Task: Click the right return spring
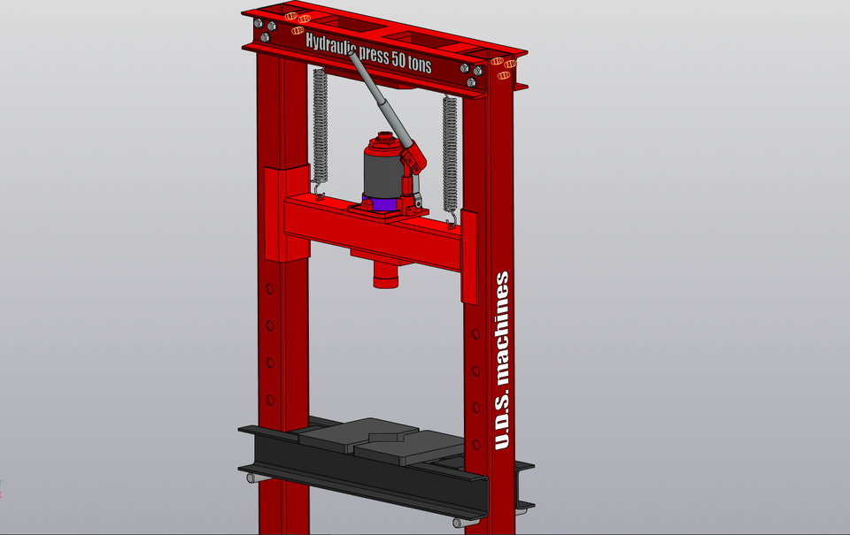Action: pyautogui.click(x=450, y=150)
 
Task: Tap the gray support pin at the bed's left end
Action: pyautogui.click(x=251, y=478)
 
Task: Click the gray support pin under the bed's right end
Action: pyautogui.click(x=460, y=523)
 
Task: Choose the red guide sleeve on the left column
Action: pyautogui.click(x=285, y=212)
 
